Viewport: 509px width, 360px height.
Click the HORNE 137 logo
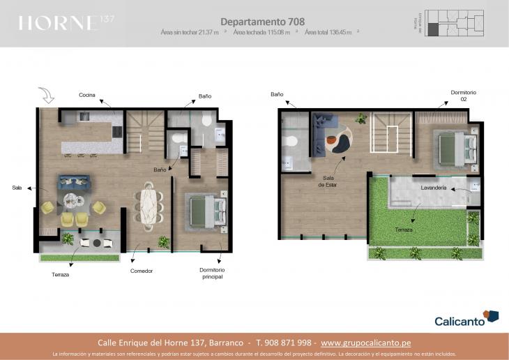click(x=66, y=23)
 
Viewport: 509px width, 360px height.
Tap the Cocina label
click(x=87, y=95)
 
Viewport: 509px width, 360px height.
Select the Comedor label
click(x=141, y=271)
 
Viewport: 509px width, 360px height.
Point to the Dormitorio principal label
click(x=212, y=273)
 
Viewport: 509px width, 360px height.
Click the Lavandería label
click(x=434, y=188)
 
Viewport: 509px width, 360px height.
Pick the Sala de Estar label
click(x=328, y=181)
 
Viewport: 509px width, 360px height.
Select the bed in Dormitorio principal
click(x=206, y=211)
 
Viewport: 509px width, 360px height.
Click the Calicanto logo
click(x=466, y=319)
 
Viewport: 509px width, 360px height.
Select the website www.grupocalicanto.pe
click(x=375, y=343)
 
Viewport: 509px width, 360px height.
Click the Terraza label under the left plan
click(x=61, y=274)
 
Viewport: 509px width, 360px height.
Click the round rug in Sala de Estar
click(x=340, y=137)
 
